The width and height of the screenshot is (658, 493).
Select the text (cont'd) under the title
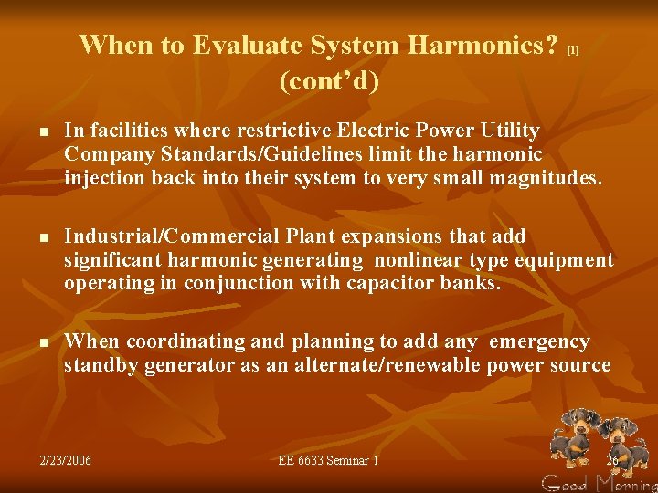point(328,81)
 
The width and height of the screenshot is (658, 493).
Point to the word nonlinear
point(417,260)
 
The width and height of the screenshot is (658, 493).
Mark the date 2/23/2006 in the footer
point(65,460)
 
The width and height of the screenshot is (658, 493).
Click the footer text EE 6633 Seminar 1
point(328,460)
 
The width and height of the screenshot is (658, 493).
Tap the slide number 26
point(611,460)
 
